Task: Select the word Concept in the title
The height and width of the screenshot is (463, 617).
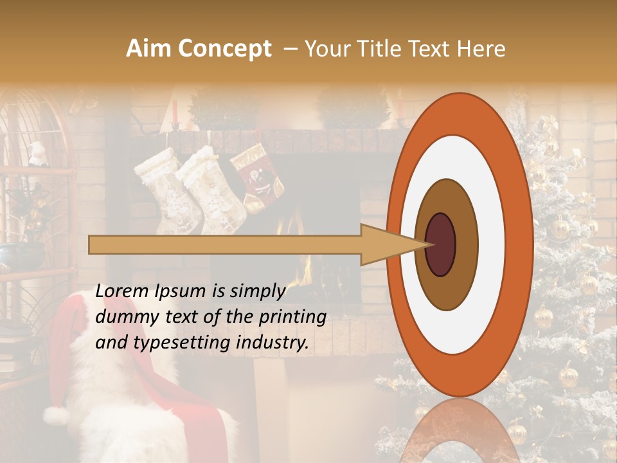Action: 224,50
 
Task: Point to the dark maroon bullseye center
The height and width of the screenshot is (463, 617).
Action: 440,244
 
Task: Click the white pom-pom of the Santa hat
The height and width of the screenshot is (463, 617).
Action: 56,415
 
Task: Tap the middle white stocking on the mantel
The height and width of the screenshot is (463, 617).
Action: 212,190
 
